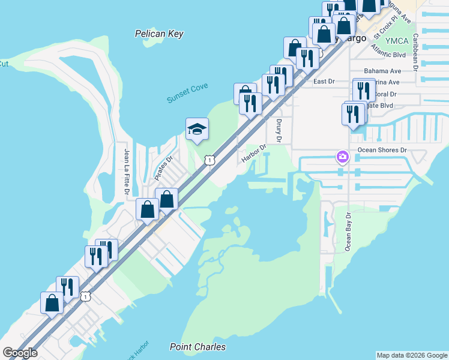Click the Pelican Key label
click(159, 34)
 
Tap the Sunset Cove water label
click(187, 93)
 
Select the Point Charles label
click(197, 347)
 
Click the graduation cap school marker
click(196, 129)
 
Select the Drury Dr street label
click(279, 130)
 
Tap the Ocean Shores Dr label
click(382, 150)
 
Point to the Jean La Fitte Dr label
click(127, 172)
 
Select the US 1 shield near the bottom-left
click(86, 296)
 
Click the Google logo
click(20, 353)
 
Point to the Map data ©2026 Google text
click(412, 355)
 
